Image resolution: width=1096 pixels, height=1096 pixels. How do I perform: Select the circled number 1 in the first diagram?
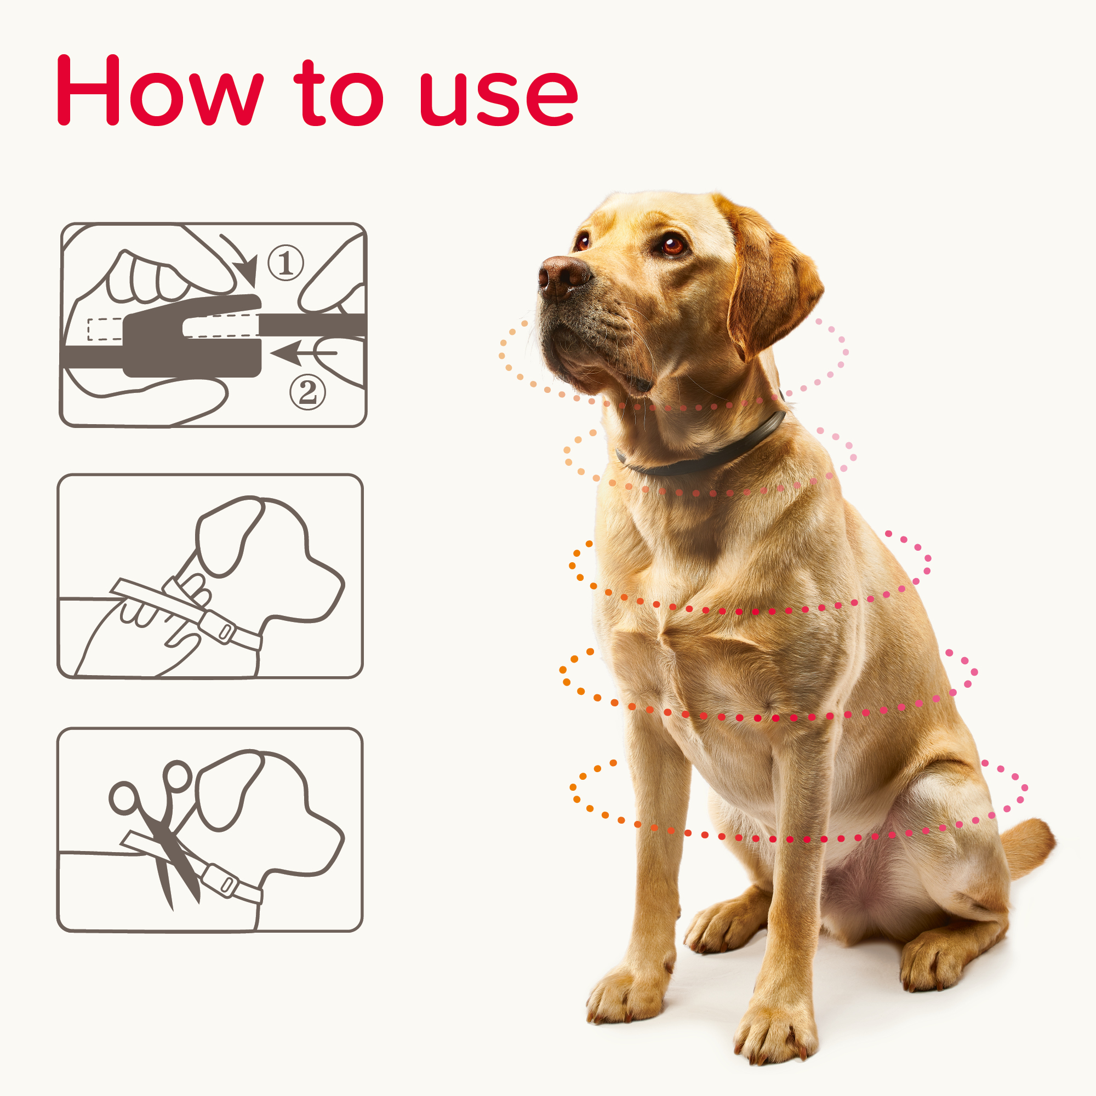pyautogui.click(x=286, y=263)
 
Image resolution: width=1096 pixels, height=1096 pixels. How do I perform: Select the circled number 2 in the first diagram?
pyautogui.click(x=307, y=391)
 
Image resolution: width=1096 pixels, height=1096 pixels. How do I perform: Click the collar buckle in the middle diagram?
pyautogui.click(x=221, y=629)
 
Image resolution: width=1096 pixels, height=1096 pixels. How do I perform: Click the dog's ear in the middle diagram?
pyautogui.click(x=227, y=536)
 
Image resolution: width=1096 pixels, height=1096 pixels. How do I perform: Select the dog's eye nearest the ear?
pyautogui.click(x=673, y=245)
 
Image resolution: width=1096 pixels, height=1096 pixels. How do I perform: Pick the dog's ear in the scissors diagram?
pyautogui.click(x=227, y=791)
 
